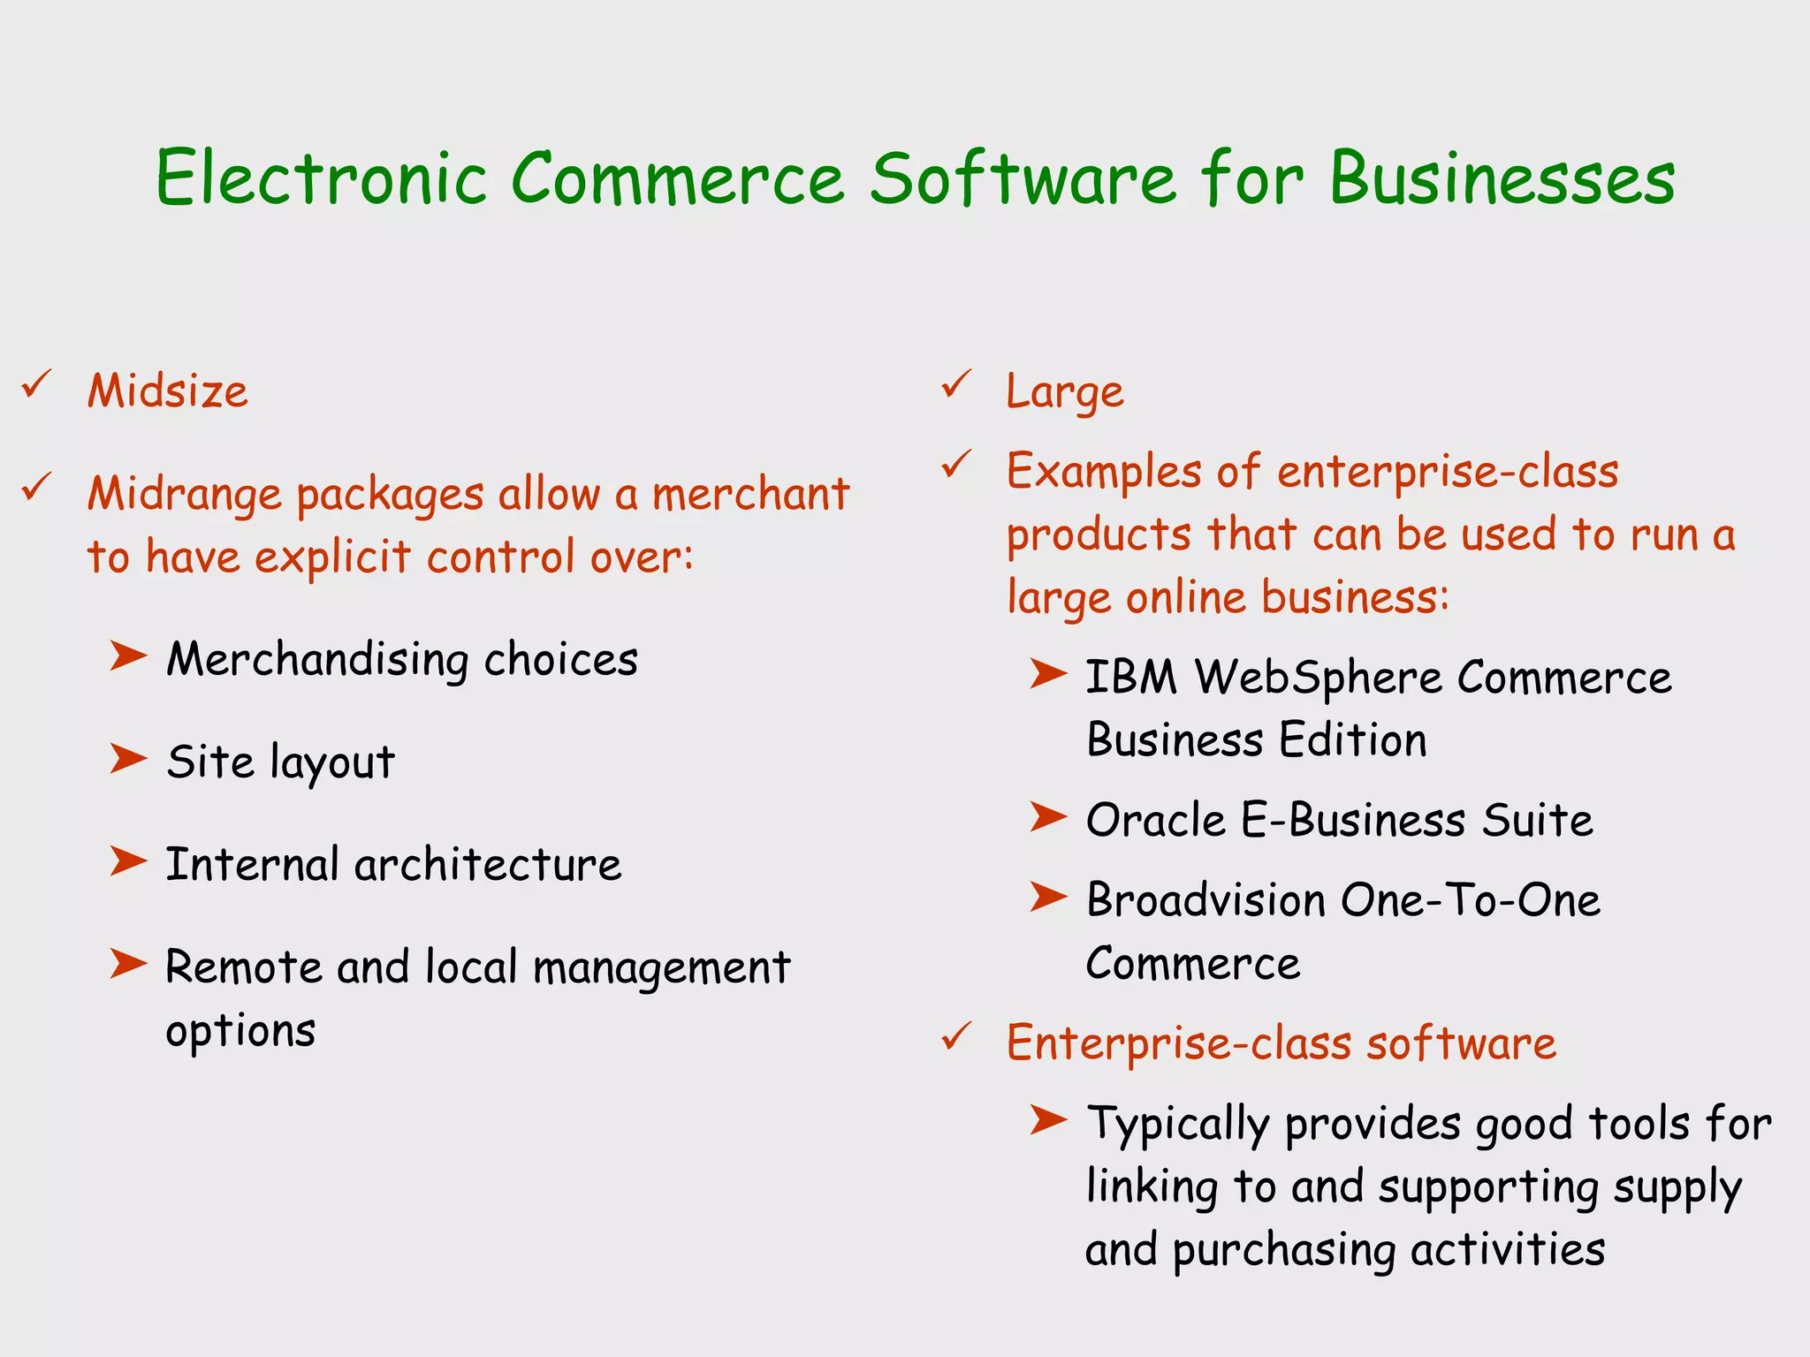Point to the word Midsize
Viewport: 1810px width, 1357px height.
click(168, 390)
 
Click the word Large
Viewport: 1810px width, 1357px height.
click(1065, 392)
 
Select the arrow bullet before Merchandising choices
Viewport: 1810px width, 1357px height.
click(128, 656)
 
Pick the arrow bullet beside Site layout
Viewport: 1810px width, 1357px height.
click(128, 759)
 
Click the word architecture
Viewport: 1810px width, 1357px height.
click(488, 864)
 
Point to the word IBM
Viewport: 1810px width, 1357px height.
click(1130, 678)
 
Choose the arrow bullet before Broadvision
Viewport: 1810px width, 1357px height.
click(1048, 898)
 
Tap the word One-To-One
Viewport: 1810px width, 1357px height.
click(1470, 900)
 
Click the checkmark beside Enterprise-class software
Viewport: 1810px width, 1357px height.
click(956, 1036)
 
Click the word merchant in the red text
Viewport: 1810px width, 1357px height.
click(750, 493)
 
